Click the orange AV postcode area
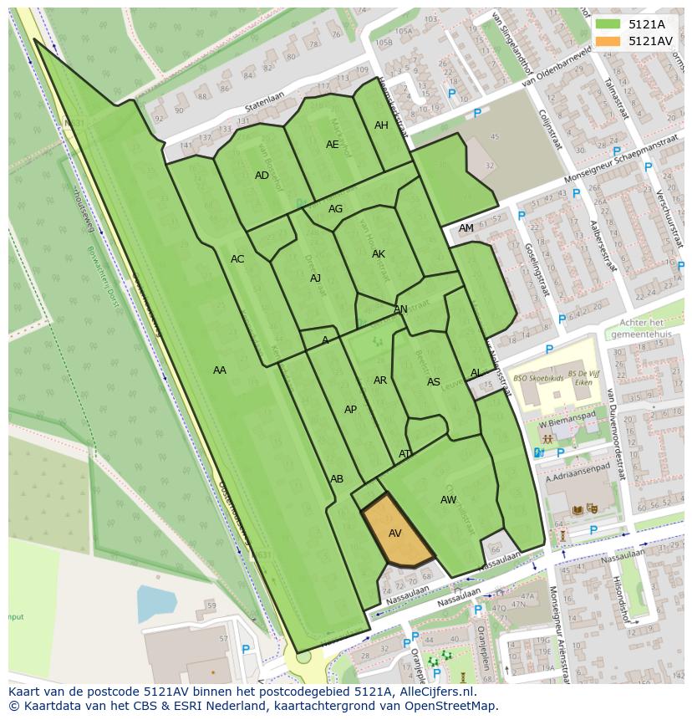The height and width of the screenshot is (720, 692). click(x=395, y=532)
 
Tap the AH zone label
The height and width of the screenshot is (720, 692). click(x=381, y=125)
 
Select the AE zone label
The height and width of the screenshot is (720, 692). click(x=333, y=145)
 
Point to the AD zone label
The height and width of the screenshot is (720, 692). click(x=262, y=176)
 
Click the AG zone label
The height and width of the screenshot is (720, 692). click(x=335, y=209)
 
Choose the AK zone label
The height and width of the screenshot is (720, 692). click(x=379, y=254)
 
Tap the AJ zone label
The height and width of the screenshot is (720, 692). click(x=315, y=278)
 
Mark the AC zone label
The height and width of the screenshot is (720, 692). click(x=237, y=259)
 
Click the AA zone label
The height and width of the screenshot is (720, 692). click(x=219, y=370)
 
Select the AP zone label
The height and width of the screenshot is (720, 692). click(x=350, y=410)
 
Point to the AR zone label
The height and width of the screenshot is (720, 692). click(x=380, y=380)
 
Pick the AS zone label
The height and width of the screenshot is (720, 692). click(x=433, y=382)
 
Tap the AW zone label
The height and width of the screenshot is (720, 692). click(x=449, y=500)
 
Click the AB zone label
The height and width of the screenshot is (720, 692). click(x=337, y=479)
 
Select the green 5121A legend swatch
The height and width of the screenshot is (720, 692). click(x=608, y=24)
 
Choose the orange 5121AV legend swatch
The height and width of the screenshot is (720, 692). click(x=608, y=41)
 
